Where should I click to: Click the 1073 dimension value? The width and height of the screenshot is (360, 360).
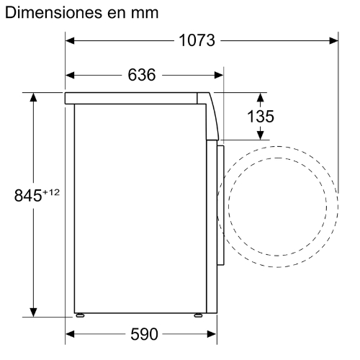[197, 40]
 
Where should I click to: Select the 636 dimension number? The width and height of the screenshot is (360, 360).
[142, 75]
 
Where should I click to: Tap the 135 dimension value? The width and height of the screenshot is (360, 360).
[261, 117]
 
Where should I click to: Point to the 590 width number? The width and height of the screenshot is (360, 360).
[144, 334]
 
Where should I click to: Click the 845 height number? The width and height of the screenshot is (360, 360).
[28, 195]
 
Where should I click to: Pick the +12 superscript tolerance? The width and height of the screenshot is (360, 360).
[51, 192]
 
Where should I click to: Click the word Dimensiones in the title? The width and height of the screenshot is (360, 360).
[53, 12]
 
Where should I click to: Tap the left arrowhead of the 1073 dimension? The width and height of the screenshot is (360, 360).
[70, 40]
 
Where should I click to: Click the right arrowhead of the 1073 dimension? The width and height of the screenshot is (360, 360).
[333, 40]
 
